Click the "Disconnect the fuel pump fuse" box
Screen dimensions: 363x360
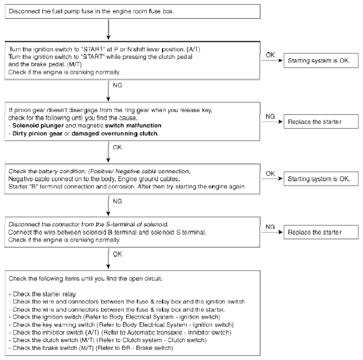[133, 11]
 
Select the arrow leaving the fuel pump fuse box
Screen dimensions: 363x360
[108, 30]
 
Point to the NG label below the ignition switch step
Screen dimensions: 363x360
[117, 85]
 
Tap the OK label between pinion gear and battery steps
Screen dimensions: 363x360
[117, 147]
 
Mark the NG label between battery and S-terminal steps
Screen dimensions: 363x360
[117, 201]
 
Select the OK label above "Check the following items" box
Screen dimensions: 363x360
[117, 254]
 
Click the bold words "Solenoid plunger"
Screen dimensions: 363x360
[38, 126]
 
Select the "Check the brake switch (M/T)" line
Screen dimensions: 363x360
[91, 348]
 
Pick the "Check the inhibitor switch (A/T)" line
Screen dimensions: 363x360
[120, 332]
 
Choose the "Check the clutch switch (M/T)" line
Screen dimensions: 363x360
[108, 340]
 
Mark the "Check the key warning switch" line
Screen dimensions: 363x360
[121, 325]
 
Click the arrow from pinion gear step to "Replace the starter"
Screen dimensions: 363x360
[272, 122]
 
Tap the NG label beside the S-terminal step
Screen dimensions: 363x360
[270, 227]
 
